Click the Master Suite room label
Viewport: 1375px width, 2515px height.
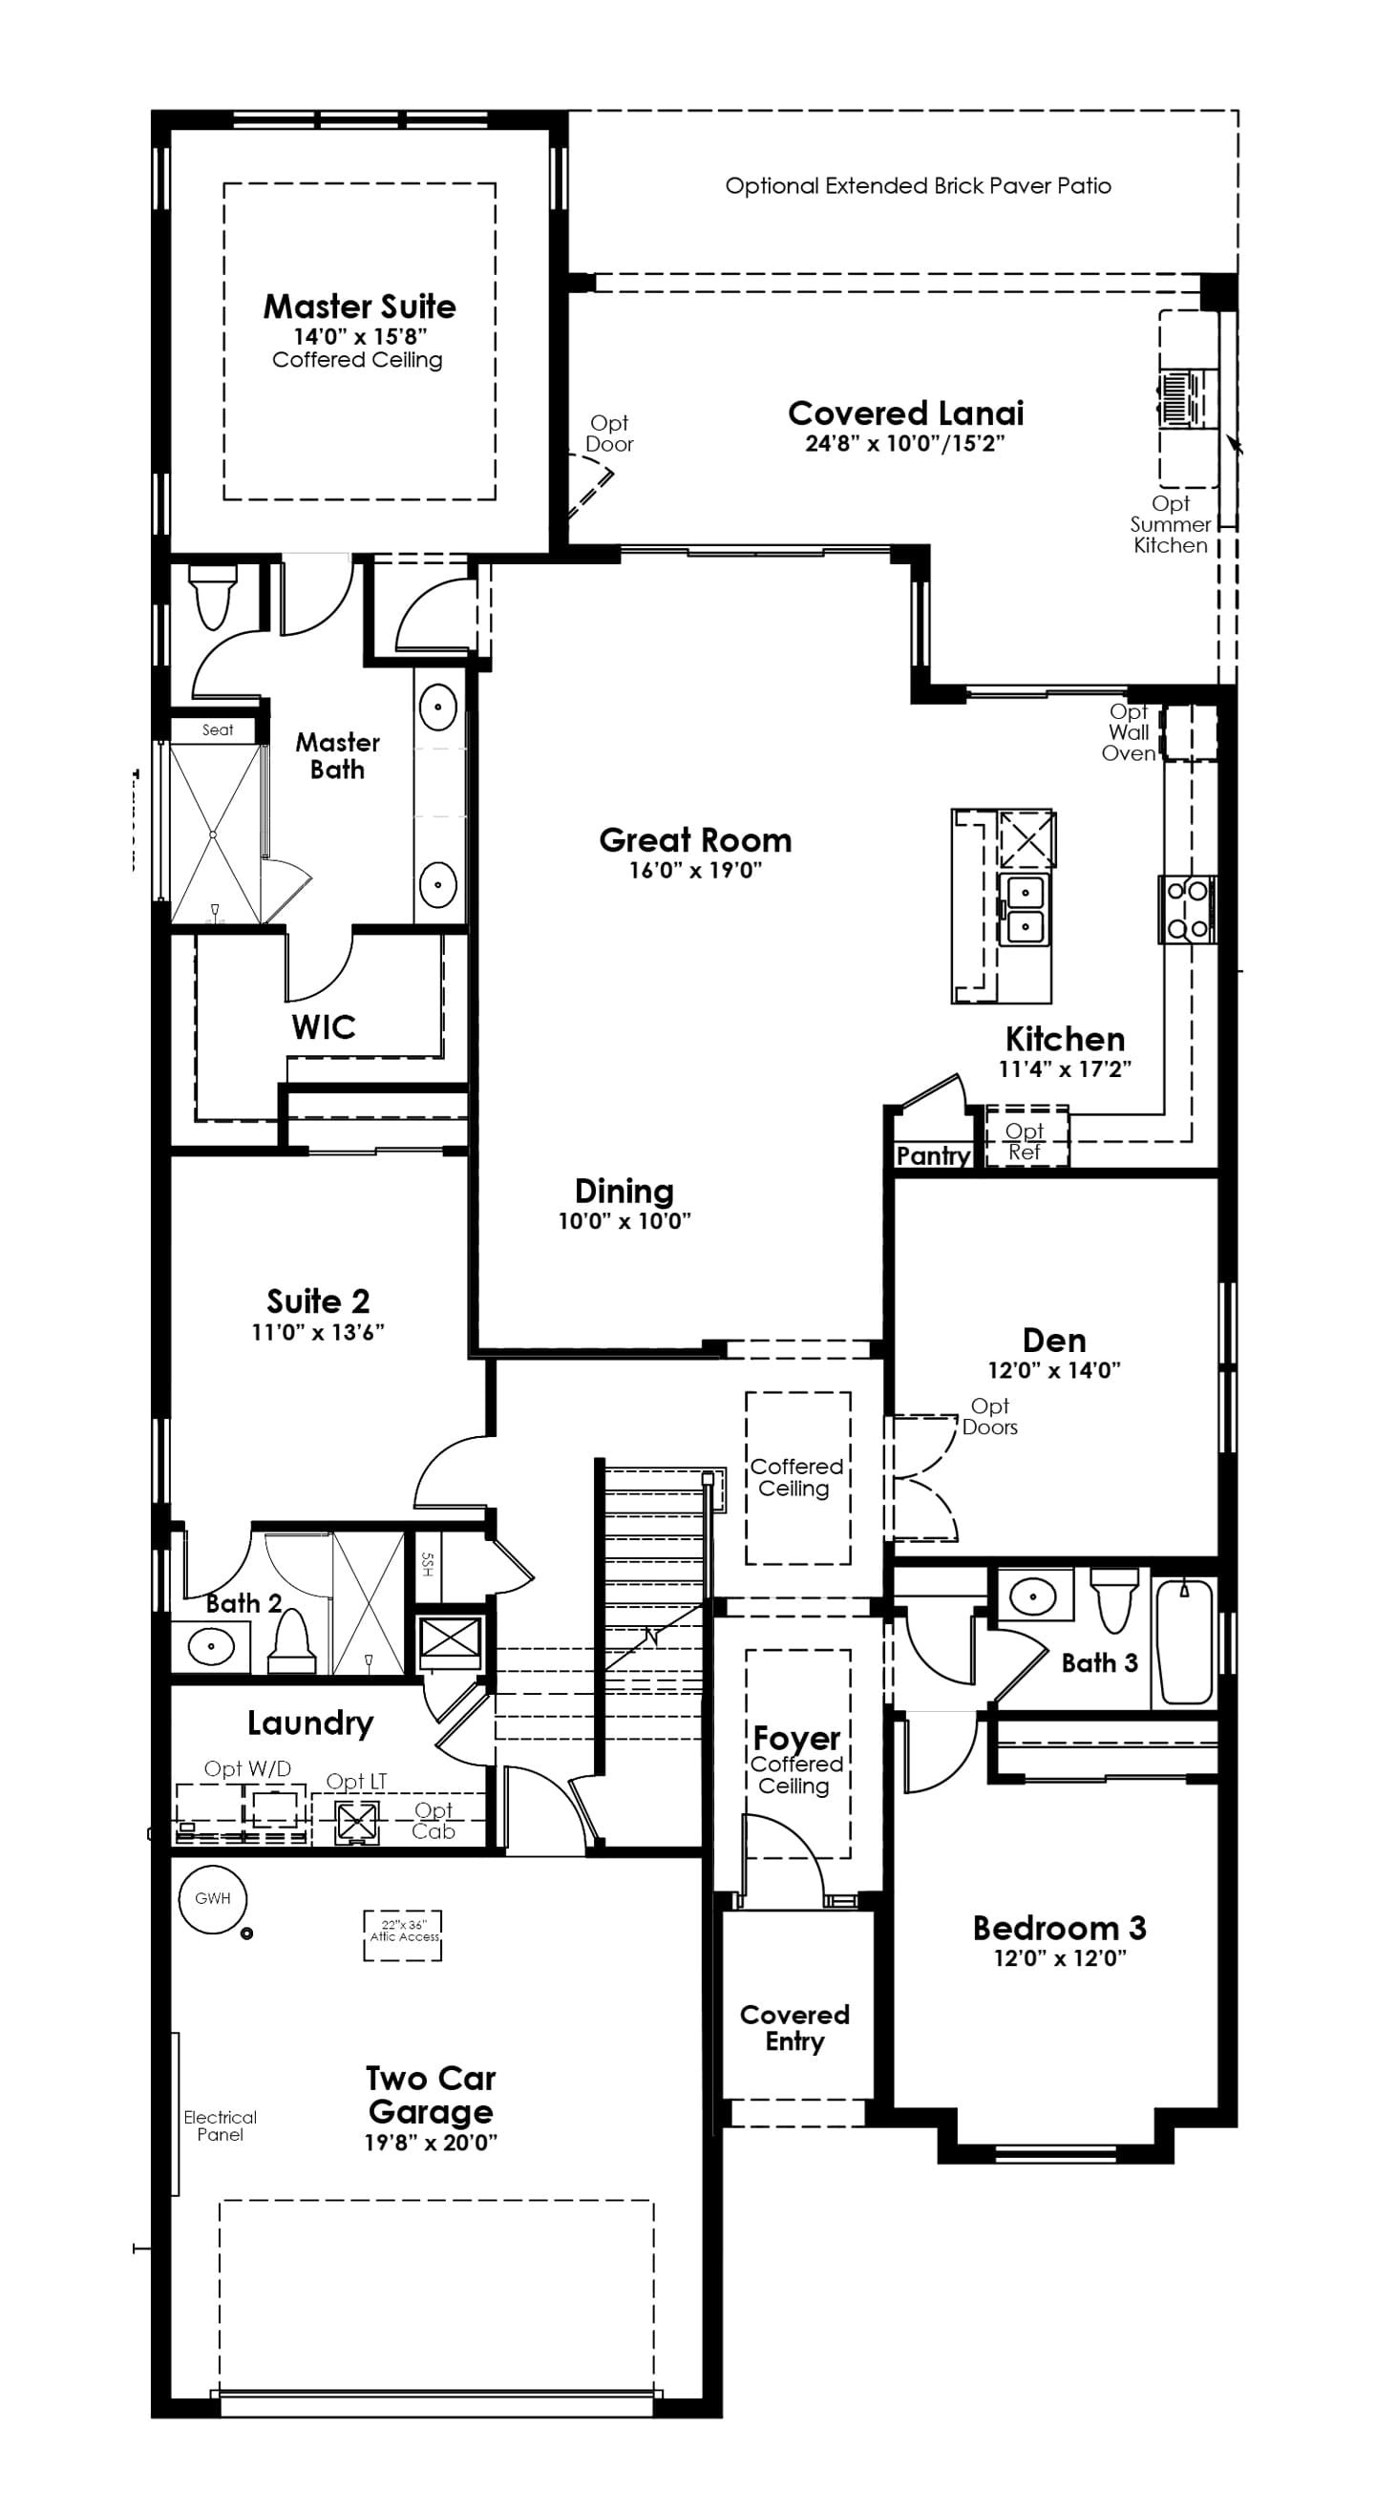point(359,306)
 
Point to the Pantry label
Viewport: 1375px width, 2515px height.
point(933,1156)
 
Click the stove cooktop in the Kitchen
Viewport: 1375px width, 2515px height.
point(1188,909)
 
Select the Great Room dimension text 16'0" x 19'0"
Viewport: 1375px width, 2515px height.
point(694,870)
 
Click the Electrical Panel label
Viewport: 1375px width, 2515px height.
point(220,2125)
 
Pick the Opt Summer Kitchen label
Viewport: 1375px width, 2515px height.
point(1170,524)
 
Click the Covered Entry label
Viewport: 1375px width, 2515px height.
point(793,2028)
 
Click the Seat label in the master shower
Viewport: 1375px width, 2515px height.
point(217,730)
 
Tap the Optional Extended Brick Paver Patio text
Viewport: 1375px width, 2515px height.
point(918,185)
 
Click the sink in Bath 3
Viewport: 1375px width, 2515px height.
point(1032,1597)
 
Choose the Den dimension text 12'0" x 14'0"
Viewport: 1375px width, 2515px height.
point(1054,1370)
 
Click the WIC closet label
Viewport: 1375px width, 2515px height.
point(324,1027)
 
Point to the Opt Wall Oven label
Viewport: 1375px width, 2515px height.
point(1129,732)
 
